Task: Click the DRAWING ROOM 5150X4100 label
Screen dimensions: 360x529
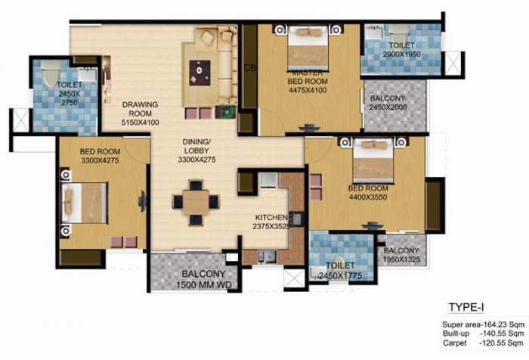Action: [x=140, y=113]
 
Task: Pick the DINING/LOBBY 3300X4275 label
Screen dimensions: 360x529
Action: [x=196, y=151]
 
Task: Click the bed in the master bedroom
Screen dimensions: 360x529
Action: [x=308, y=48]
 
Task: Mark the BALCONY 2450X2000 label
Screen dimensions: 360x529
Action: [x=387, y=104]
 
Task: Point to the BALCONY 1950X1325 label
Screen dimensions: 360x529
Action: [x=401, y=256]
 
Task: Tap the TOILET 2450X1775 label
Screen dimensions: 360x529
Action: [x=341, y=271]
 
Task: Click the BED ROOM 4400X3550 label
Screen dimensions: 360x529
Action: [x=368, y=192]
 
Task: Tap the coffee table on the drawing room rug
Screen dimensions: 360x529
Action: [x=200, y=71]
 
